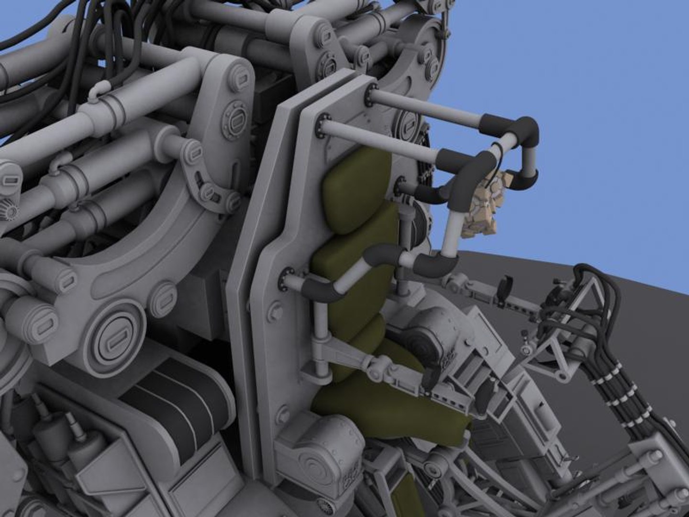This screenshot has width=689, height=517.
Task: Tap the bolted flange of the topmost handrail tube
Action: [370, 94]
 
